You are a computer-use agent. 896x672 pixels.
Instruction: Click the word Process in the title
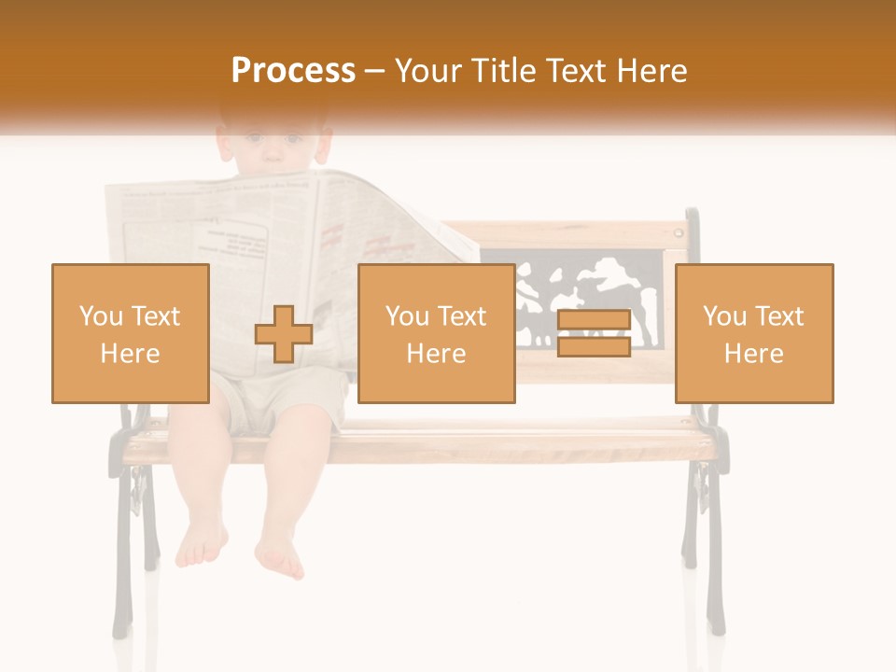coord(293,71)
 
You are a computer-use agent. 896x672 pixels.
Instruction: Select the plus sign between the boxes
coord(284,334)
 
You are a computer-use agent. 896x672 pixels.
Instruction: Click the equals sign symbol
coord(594,334)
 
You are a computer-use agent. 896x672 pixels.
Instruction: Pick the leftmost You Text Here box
coord(131,334)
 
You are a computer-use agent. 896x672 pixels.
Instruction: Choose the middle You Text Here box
coord(437,334)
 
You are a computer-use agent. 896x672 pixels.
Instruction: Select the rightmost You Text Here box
coord(754,334)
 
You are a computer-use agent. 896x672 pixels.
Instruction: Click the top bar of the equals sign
coord(594,321)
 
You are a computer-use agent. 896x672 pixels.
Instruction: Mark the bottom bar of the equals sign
coord(594,347)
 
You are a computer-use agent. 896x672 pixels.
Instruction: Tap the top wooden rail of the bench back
coord(579,233)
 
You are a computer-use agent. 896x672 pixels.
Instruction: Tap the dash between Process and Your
coord(374,71)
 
